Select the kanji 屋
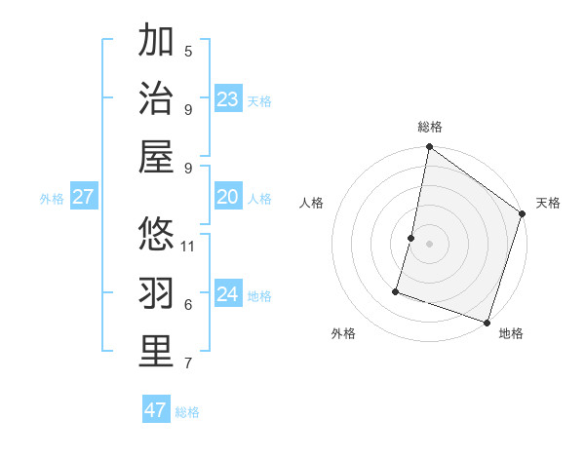[156, 157]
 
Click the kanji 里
[156, 352]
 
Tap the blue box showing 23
[228, 99]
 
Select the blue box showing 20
[228, 197]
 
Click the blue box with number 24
[228, 294]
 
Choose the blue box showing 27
[84, 197]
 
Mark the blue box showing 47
[156, 410]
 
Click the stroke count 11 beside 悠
[189, 246]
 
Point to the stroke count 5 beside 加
[188, 52]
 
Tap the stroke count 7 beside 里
[188, 363]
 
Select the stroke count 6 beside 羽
[188, 305]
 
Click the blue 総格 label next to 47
[187, 412]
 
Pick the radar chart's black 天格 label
[548, 203]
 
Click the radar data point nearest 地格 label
[487, 322]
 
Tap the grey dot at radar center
[429, 244]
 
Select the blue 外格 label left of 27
[52, 199]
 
